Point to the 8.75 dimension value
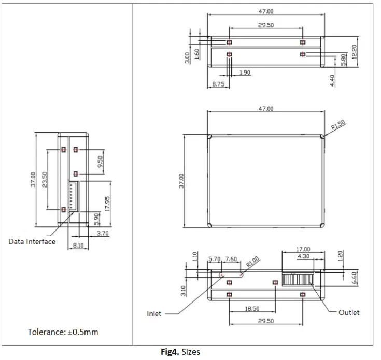pyautogui.click(x=218, y=84)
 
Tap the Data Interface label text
pyautogui.click(x=32, y=241)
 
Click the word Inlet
pyautogui.click(x=153, y=313)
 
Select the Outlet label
pyautogui.click(x=349, y=312)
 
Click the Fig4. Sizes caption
pyautogui.click(x=180, y=352)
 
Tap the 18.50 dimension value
pyautogui.click(x=252, y=308)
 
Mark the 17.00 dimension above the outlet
pyautogui.click(x=303, y=249)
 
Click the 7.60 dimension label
pyautogui.click(x=231, y=259)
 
